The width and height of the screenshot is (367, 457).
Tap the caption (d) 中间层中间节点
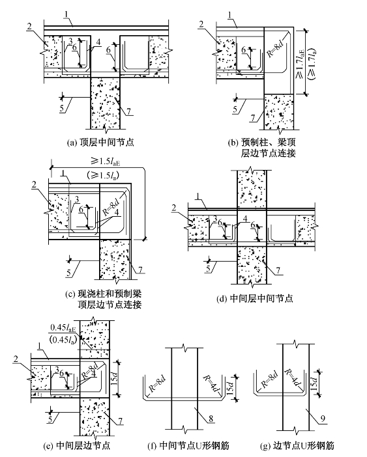254,298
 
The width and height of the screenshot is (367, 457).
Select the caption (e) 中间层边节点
76,445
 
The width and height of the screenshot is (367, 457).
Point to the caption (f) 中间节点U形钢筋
188,445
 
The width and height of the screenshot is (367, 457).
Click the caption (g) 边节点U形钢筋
297,445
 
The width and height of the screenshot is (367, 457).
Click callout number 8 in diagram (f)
211,419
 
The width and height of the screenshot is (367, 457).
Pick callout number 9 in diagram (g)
322,419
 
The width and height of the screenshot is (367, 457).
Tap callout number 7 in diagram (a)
128,111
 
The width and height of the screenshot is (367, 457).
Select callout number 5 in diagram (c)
69,273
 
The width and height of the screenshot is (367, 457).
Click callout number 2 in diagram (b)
201,25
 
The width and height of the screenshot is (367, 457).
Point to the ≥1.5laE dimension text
106,161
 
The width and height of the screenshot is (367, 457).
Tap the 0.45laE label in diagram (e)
63,328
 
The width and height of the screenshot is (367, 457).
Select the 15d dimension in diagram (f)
231,387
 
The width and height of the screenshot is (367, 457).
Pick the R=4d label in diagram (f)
211,384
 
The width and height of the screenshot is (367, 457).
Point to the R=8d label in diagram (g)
269,379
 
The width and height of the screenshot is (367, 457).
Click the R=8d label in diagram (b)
275,47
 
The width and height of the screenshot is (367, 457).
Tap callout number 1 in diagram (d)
199,203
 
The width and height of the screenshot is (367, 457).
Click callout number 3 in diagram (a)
70,41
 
